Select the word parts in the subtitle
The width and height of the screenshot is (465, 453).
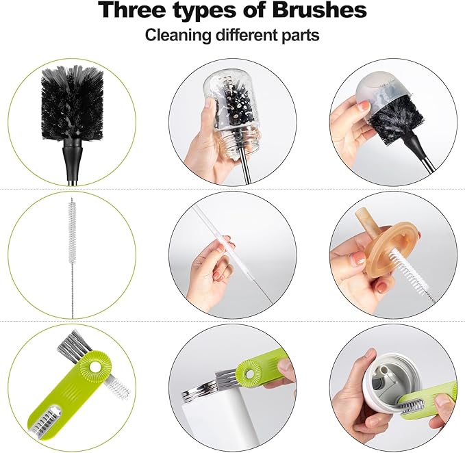tap(299, 35)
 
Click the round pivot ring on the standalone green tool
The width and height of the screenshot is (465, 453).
tap(91, 370)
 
